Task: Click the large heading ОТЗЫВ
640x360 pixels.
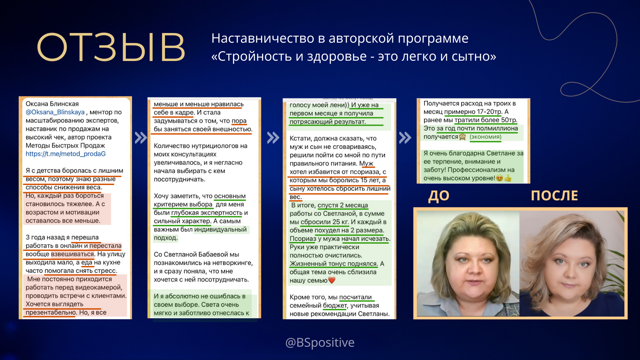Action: tap(111, 47)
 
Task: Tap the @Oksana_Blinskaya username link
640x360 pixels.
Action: tap(55, 112)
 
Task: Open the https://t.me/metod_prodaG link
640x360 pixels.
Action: tap(66, 154)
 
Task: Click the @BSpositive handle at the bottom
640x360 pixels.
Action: tap(320, 342)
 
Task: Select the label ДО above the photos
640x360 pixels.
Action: tap(439, 196)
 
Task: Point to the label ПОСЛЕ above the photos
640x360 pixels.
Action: tap(554, 196)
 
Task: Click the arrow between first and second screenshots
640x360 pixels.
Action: tap(141, 138)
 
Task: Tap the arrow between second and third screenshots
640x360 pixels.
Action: tap(273, 138)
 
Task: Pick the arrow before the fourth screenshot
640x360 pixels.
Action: tap(405, 138)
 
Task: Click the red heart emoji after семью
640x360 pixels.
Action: tap(332, 280)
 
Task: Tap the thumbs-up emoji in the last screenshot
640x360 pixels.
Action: tap(508, 178)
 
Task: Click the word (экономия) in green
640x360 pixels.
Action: tap(485, 137)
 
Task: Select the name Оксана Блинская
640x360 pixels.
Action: tap(52, 104)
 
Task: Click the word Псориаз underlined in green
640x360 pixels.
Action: tap(303, 239)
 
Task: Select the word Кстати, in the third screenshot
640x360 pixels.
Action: tap(301, 138)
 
